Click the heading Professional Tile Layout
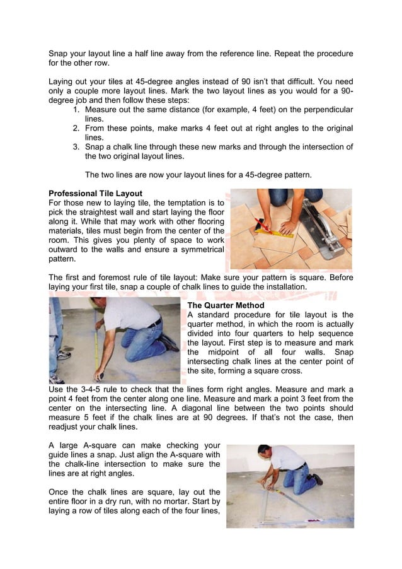coord(95,193)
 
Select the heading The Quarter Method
coord(226,305)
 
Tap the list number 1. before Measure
coord(77,110)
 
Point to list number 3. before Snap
coord(77,147)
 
